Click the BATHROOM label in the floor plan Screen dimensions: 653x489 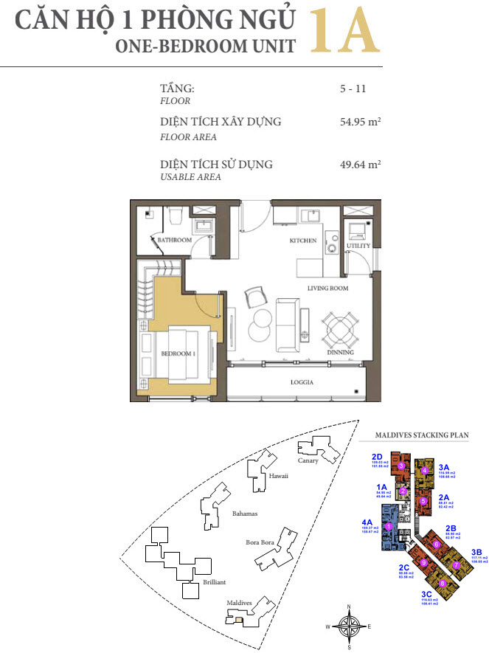point(174,240)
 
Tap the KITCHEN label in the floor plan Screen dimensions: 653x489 point(302,241)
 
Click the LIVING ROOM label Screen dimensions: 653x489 point(327,288)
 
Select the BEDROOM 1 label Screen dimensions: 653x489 point(178,354)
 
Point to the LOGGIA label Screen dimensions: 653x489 point(302,382)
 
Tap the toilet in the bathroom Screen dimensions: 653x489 point(175,215)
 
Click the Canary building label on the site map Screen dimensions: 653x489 point(308,460)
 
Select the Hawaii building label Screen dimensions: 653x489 point(278,476)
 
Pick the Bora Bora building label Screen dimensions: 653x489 point(260,543)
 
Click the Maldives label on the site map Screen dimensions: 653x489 point(239,602)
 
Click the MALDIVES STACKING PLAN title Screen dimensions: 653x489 point(421,435)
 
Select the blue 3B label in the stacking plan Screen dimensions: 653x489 point(476,551)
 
